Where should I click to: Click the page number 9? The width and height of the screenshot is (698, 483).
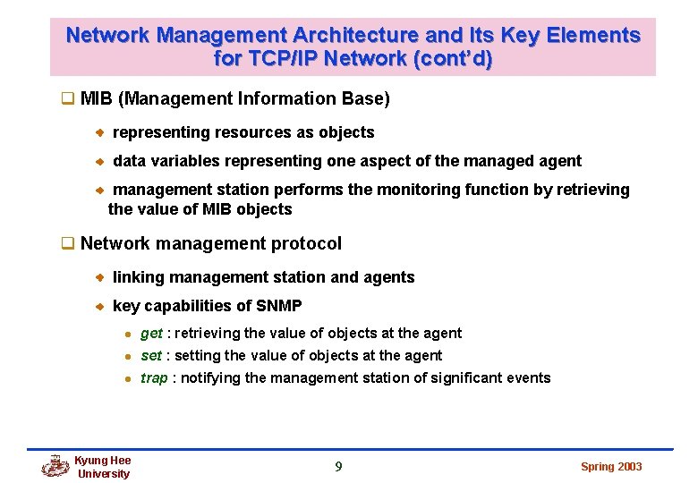click(338, 466)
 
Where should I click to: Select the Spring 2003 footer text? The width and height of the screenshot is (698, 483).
click(611, 467)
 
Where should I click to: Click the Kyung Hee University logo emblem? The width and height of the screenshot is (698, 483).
click(55, 466)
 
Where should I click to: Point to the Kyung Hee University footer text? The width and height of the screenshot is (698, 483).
click(103, 467)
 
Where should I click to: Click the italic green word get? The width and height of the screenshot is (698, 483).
click(151, 334)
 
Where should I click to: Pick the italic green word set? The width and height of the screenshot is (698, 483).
click(150, 356)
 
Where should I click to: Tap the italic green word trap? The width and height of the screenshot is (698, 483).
click(153, 378)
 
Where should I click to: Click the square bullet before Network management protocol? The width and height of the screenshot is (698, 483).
click(65, 243)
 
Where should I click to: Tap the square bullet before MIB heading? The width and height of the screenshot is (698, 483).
click(65, 98)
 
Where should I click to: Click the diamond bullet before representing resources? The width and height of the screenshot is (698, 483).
click(101, 132)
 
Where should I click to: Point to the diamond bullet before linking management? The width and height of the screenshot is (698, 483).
click(101, 277)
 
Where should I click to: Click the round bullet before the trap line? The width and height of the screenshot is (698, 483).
click(127, 378)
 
